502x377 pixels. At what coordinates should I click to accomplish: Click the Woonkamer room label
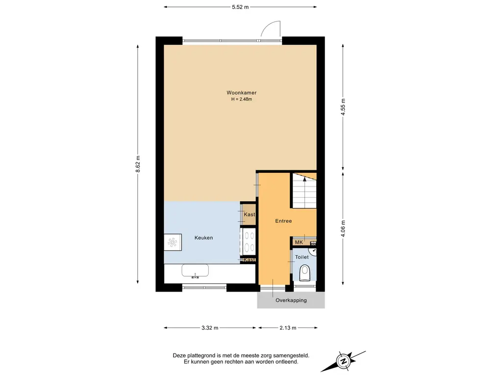coord(241,93)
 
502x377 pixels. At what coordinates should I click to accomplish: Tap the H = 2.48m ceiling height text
coord(241,99)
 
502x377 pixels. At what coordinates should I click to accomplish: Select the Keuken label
coord(203,238)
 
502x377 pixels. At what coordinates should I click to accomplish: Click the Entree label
coord(283,221)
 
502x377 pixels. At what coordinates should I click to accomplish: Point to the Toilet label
coord(301,257)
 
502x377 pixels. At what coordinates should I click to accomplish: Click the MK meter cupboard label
coord(299,242)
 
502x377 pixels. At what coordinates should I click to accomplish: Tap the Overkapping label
coord(291,300)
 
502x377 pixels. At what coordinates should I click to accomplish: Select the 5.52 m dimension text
coord(240,7)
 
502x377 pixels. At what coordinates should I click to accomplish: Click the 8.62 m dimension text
coord(138,164)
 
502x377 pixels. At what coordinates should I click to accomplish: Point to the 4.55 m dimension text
coord(343,108)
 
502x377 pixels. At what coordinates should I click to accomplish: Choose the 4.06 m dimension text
coord(343,229)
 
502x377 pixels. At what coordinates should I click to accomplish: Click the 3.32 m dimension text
coord(210,327)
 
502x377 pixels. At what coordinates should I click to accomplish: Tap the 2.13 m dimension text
coord(288,327)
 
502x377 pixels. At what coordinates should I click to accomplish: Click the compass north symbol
coord(344,361)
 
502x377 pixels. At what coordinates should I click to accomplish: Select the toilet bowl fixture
coord(305,273)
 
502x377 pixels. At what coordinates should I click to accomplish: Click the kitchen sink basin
coord(195,270)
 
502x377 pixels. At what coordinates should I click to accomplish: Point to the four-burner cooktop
coord(249,241)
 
